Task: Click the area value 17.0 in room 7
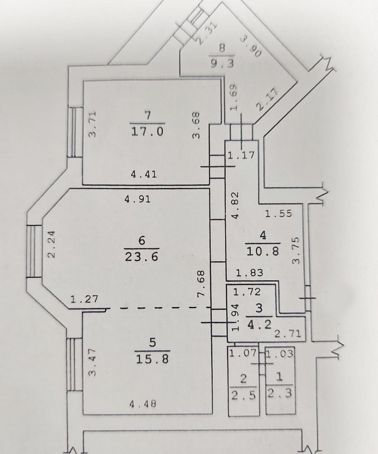coord(148,132)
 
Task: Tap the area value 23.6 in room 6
coord(141,257)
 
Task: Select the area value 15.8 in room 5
coord(152,359)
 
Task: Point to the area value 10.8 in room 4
coord(263,251)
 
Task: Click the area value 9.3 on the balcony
coord(222,63)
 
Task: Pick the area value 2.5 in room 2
coord(244,395)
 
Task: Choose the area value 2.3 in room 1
coord(279,393)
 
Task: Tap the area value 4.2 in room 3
coord(259,324)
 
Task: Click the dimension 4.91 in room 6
coord(138,199)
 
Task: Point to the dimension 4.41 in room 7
coord(144,174)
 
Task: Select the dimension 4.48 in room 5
coord(144,403)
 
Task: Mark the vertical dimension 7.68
coord(201,283)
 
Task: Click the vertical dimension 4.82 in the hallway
coord(235,205)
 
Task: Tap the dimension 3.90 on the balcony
coord(251,47)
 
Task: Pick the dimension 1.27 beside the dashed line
coord(84,299)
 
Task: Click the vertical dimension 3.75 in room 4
coord(296,251)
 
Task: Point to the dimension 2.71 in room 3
coord(288,334)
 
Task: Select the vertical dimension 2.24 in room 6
coord(51,244)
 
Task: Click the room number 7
coord(148,115)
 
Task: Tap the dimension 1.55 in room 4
coord(279,214)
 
